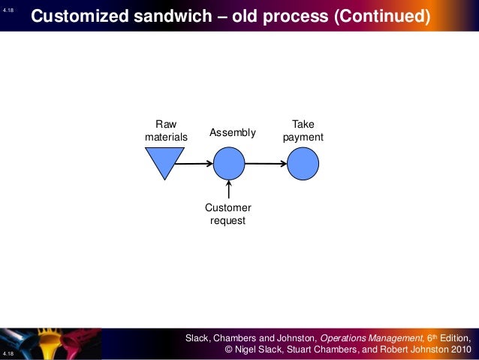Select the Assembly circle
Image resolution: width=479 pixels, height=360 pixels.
click(x=229, y=163)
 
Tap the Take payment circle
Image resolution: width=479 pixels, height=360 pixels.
click(x=303, y=163)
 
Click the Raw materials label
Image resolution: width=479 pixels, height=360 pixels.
click(x=166, y=131)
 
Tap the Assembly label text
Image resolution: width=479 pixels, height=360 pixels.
click(x=233, y=133)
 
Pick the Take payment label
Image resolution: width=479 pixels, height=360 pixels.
click(x=303, y=131)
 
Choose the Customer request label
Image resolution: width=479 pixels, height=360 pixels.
click(x=228, y=214)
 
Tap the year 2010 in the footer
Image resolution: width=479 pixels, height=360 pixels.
click(x=459, y=349)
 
